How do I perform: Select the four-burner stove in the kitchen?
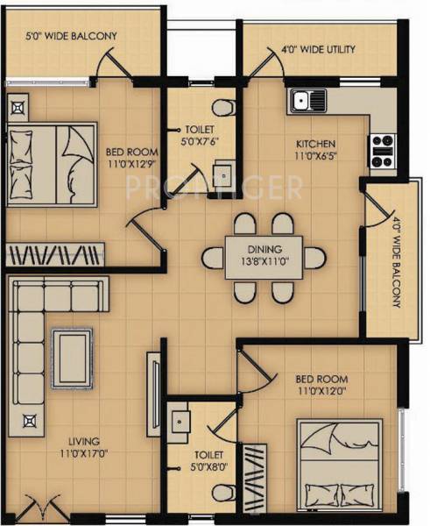[x=383, y=151]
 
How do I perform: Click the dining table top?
[x=264, y=256]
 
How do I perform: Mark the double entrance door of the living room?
[x=41, y=511]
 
